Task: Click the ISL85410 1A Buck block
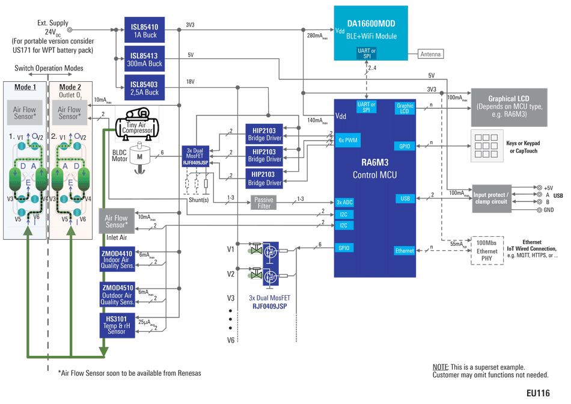click(x=144, y=31)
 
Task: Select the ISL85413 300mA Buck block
click(x=144, y=59)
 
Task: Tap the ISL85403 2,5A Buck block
click(x=144, y=87)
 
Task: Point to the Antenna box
click(x=430, y=54)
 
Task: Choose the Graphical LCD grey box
click(x=508, y=106)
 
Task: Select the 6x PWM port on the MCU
click(x=348, y=140)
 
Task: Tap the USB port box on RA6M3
click(x=405, y=198)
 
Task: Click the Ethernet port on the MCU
click(x=405, y=251)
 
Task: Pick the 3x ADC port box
click(x=345, y=203)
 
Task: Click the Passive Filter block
click(x=264, y=202)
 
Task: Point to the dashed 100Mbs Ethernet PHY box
click(x=486, y=251)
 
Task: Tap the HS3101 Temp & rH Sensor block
click(x=117, y=325)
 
